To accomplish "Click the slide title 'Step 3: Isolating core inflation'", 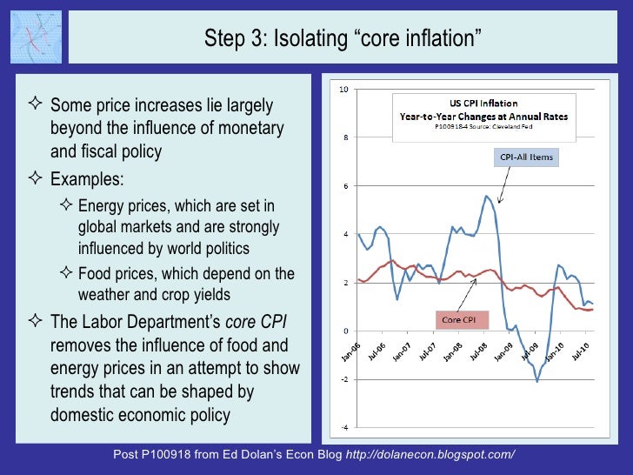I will tap(342, 38).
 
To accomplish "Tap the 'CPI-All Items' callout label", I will tap(527, 157).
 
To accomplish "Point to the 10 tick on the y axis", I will tap(344, 90).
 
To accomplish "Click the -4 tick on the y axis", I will tap(344, 427).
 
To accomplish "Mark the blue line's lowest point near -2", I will tap(537, 381).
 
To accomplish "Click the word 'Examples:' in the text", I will tap(87, 178).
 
